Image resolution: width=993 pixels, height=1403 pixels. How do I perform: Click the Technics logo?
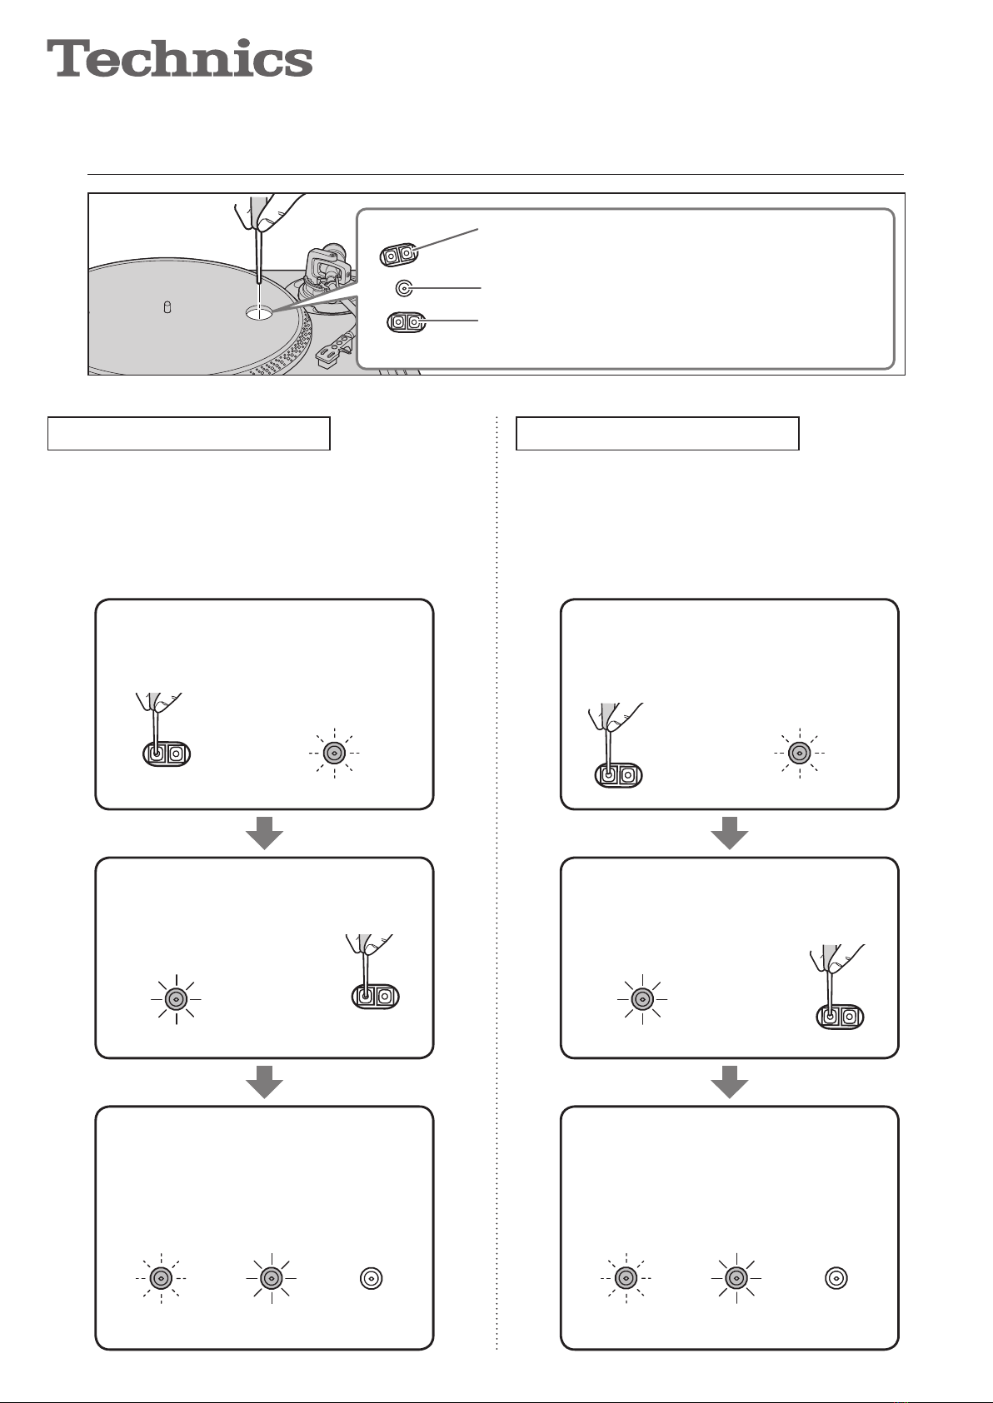click(180, 58)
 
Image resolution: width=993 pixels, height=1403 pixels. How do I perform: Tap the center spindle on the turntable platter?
click(167, 307)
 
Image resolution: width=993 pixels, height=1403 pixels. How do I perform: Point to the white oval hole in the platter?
click(259, 312)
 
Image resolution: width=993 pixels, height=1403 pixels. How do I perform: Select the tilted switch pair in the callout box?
click(398, 255)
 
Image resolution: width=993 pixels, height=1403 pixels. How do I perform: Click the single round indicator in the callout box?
click(405, 288)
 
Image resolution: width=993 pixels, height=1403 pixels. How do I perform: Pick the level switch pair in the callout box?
click(406, 322)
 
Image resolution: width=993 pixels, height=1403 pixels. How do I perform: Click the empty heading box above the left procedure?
click(188, 434)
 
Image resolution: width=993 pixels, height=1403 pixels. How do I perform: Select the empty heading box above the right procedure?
click(657, 434)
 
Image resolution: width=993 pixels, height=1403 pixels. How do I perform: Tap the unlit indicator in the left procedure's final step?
click(371, 1278)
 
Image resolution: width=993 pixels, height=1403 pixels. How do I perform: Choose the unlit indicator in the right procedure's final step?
click(836, 1278)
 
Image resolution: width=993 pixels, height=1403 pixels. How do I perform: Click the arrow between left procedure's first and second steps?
click(264, 833)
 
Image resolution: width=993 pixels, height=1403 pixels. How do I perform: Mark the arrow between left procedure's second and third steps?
click(264, 1082)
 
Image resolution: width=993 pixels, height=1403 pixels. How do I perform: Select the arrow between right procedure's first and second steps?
click(730, 833)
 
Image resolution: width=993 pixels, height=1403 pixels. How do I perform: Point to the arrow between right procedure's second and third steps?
click(730, 1082)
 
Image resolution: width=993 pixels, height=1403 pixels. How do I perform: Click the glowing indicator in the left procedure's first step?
click(335, 753)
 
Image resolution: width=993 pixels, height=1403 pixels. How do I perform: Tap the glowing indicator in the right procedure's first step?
click(800, 753)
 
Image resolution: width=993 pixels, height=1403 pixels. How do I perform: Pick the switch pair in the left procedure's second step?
click(375, 996)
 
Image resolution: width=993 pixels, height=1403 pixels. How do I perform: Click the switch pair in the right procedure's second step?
click(840, 1016)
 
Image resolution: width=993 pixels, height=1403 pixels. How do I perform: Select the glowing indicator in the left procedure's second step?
click(176, 999)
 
